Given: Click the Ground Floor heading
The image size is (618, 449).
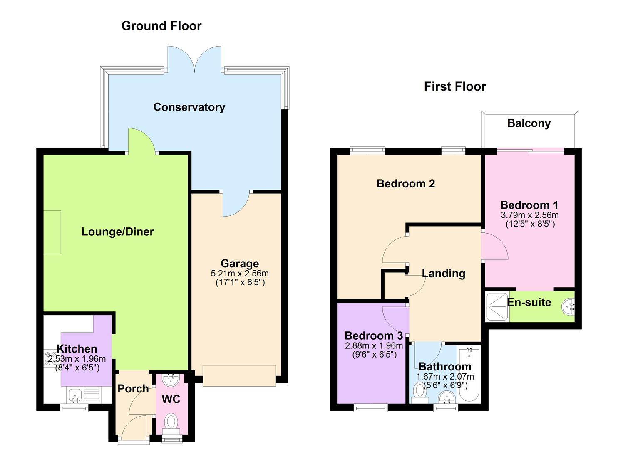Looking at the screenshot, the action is pyautogui.click(x=161, y=26).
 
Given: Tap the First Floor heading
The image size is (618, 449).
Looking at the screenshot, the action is pyautogui.click(x=455, y=86).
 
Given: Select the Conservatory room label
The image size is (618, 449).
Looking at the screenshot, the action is pyautogui.click(x=189, y=107).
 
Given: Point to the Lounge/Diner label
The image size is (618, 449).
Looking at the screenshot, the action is pyautogui.click(x=117, y=232).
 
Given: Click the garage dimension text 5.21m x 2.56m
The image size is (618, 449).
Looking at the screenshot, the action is pyautogui.click(x=240, y=274).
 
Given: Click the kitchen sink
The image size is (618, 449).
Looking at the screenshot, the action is pyautogui.click(x=74, y=395).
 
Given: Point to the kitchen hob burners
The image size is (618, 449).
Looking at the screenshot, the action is pyautogui.click(x=50, y=358).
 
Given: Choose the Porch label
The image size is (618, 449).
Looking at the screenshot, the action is pyautogui.click(x=133, y=389).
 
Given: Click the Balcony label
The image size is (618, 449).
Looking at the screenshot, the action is pyautogui.click(x=529, y=123).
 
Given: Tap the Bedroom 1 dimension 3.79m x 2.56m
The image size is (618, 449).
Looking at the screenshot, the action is pyautogui.click(x=530, y=215).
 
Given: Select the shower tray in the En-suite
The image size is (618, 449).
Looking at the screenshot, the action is pyautogui.click(x=497, y=306).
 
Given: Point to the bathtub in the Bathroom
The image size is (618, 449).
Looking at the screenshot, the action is pyautogui.click(x=469, y=374).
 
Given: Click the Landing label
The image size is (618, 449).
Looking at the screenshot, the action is pyautogui.click(x=444, y=274).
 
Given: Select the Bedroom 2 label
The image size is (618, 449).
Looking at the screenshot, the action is pyautogui.click(x=406, y=184).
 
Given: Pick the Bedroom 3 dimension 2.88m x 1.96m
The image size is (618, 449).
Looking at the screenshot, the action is pyautogui.click(x=374, y=345).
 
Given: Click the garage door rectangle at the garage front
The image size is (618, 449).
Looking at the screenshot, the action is pyautogui.click(x=239, y=376).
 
